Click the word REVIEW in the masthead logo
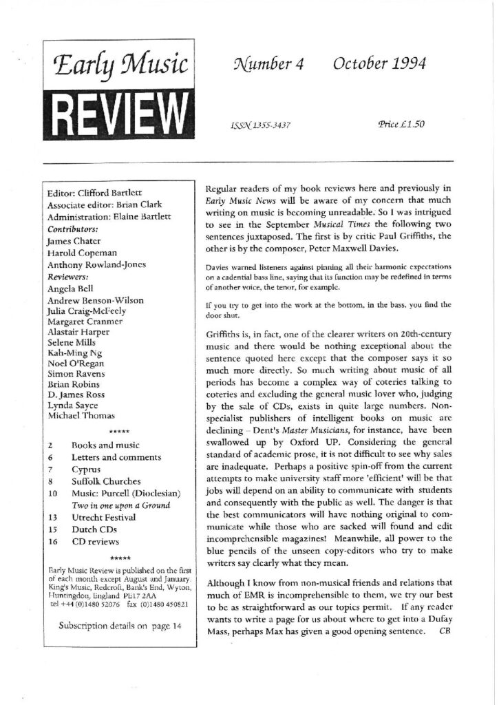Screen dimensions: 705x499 click(x=119, y=110)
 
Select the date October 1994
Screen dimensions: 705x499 click(x=379, y=65)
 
